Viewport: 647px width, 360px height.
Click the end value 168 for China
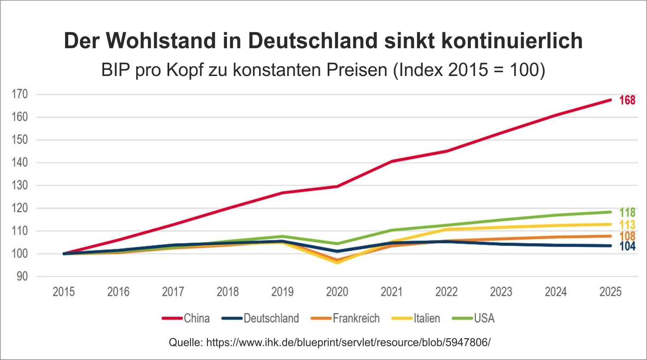pyautogui.click(x=627, y=100)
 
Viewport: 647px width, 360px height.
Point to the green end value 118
pyautogui.click(x=627, y=212)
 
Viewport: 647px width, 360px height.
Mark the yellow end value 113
pyautogui.click(x=627, y=225)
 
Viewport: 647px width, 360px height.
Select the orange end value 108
pyautogui.click(x=627, y=236)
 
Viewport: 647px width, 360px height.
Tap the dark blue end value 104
pyautogui.click(x=627, y=246)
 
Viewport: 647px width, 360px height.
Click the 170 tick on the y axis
pyautogui.click(x=20, y=94)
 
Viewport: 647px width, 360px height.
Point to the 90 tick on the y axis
pyautogui.click(x=22, y=276)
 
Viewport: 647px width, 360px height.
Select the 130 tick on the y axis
pyautogui.click(x=20, y=185)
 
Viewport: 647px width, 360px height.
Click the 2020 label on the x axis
pyautogui.click(x=337, y=291)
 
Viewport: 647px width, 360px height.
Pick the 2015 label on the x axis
pyautogui.click(x=64, y=291)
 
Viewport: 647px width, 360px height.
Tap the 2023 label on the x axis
pyautogui.click(x=501, y=291)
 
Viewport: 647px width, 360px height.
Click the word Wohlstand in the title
pyautogui.click(x=161, y=41)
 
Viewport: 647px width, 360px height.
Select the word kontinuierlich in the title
pyautogui.click(x=512, y=41)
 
